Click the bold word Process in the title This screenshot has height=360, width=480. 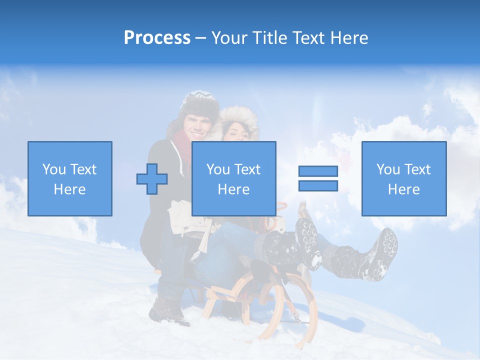pos(157,38)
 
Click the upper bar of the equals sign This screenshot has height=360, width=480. pos(318,171)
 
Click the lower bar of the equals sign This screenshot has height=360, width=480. pos(318,185)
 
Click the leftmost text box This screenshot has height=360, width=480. pos(70,178)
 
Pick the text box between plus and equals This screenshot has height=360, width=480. pos(233,178)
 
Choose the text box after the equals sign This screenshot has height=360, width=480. pos(403,178)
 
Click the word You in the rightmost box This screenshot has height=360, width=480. pos(388,169)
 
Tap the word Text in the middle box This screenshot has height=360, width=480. pos(248,169)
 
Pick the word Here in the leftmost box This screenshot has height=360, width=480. pos(69,189)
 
